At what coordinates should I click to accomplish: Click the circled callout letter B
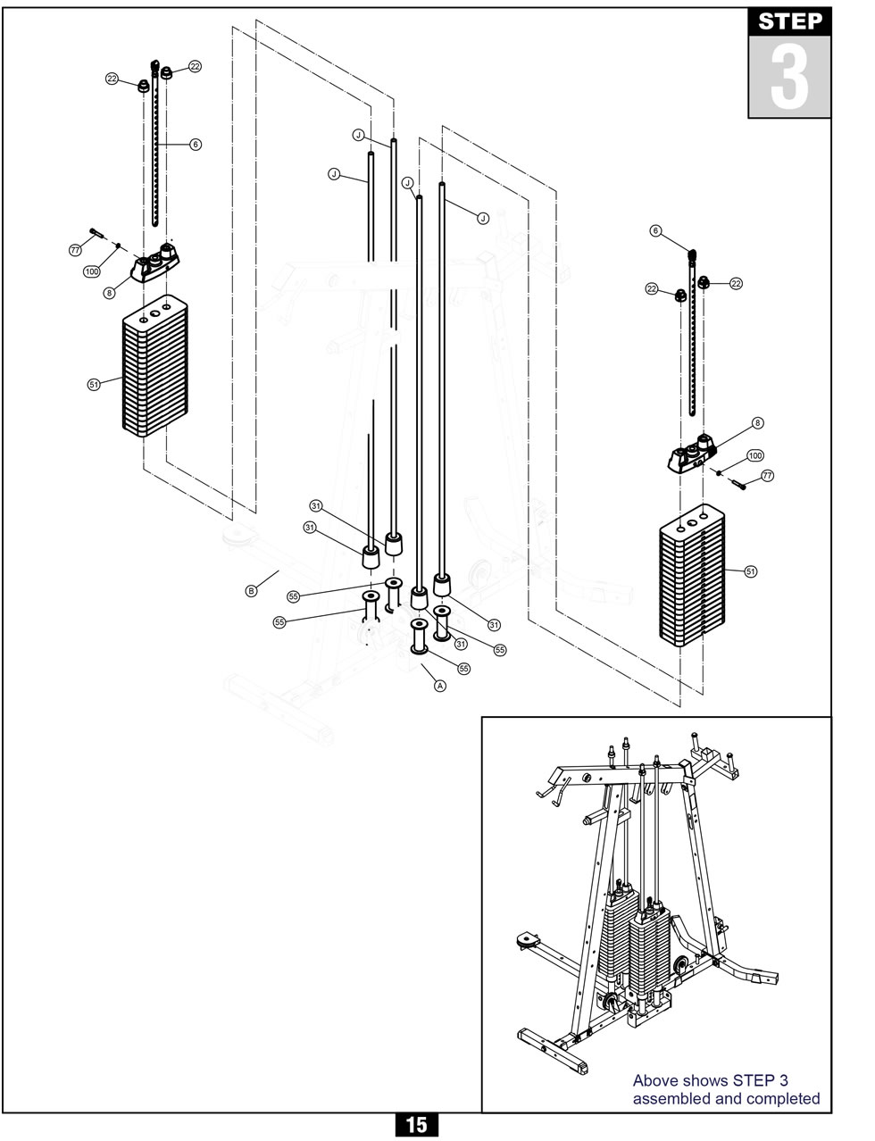(251, 590)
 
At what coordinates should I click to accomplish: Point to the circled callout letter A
(439, 686)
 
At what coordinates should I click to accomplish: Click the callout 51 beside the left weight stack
(94, 384)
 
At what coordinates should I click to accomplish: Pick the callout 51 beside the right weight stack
(751, 571)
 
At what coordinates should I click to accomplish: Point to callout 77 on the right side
(767, 477)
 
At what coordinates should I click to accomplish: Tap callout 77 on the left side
(76, 250)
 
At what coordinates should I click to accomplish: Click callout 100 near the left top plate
(91, 271)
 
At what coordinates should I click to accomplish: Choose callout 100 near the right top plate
(754, 455)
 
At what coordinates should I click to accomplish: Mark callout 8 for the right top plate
(758, 423)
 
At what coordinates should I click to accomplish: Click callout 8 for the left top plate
(109, 292)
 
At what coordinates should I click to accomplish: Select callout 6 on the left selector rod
(196, 144)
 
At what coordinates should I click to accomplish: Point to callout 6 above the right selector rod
(655, 231)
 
